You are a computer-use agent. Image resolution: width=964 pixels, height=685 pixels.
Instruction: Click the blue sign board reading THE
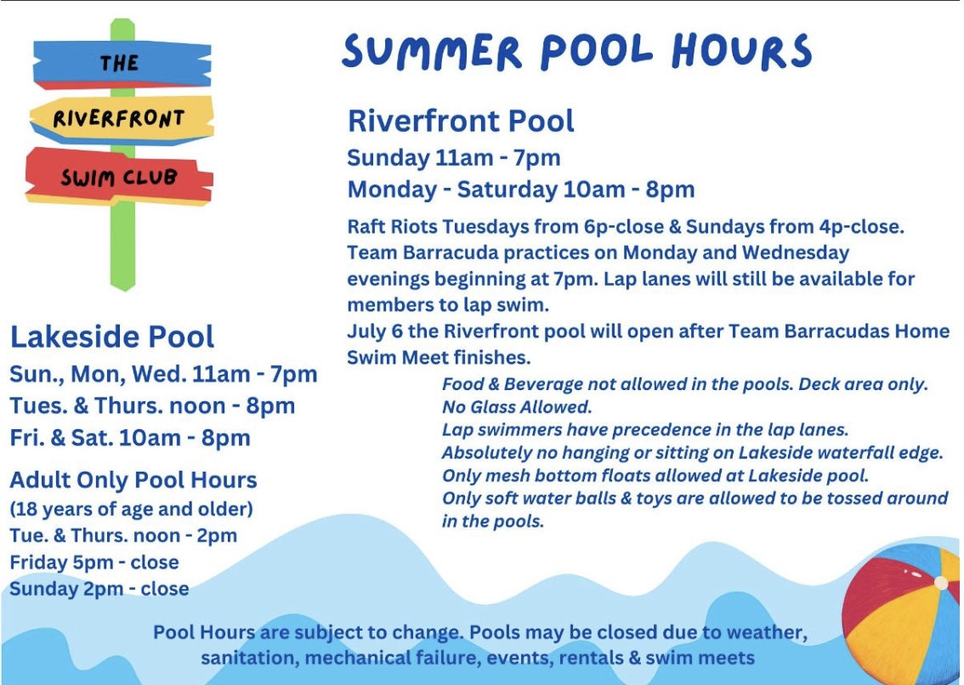(120, 64)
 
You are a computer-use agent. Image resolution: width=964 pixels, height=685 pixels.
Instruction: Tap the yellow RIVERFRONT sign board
(120, 118)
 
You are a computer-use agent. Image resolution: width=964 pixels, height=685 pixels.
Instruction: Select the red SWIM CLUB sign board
(119, 177)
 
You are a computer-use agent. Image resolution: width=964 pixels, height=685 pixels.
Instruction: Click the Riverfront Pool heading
(461, 121)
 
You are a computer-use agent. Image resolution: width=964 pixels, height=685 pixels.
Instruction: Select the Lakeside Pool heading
(112, 337)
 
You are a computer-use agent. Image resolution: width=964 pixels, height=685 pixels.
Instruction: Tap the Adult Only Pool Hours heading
(133, 480)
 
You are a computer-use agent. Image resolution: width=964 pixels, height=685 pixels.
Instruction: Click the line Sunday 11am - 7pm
(454, 158)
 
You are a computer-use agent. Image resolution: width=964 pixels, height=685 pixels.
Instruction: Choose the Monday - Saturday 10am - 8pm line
(521, 190)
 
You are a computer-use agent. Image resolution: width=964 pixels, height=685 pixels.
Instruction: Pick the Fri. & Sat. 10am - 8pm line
(130, 439)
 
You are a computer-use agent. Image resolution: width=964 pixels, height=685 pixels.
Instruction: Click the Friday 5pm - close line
(94, 563)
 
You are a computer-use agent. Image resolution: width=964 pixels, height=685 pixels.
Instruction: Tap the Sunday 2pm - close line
(99, 589)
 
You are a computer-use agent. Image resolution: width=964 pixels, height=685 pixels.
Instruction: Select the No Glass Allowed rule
(517, 407)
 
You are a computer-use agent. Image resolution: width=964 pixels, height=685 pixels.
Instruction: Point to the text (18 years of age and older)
(131, 510)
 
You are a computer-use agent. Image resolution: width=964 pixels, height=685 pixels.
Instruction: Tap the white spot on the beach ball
(940, 583)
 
